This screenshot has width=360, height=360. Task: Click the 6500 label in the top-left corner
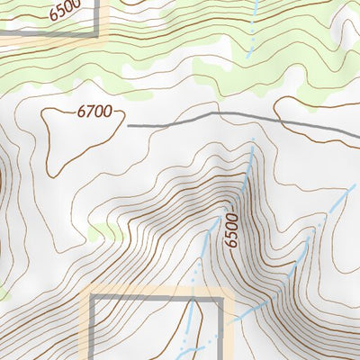click(65, 10)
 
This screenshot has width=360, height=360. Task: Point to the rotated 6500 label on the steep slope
click(234, 231)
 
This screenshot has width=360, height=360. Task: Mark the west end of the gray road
click(130, 126)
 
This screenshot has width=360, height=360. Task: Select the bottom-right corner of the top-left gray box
click(97, 36)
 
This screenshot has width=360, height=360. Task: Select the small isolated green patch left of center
click(106, 231)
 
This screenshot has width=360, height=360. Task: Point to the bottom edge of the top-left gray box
click(45, 36)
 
